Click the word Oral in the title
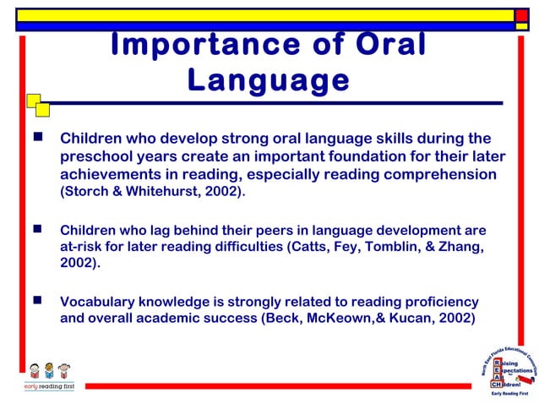(382, 45)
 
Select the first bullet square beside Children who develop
(37, 136)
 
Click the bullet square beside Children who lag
(37, 228)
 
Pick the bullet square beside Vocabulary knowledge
(37, 299)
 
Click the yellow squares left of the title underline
(37, 105)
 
